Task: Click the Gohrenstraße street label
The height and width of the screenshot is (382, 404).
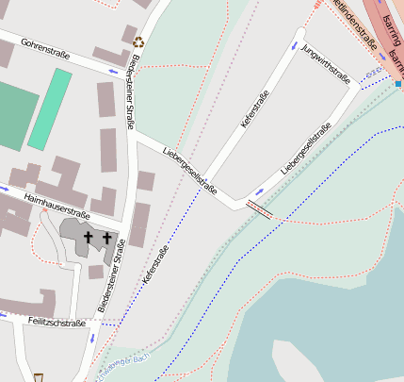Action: pyautogui.click(x=45, y=44)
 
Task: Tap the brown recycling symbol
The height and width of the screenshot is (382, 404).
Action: pyautogui.click(x=139, y=42)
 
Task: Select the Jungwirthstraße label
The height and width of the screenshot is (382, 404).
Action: pyautogui.click(x=322, y=62)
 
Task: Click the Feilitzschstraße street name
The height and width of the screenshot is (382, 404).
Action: pyautogui.click(x=57, y=322)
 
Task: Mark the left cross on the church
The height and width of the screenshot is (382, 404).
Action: pyautogui.click(x=89, y=238)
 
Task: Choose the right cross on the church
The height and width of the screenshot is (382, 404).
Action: pyautogui.click(x=107, y=238)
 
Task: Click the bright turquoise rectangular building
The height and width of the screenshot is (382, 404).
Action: pyautogui.click(x=50, y=108)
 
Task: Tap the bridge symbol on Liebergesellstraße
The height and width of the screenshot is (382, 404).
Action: pyautogui.click(x=259, y=208)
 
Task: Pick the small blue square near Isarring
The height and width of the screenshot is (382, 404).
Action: pyautogui.click(x=397, y=84)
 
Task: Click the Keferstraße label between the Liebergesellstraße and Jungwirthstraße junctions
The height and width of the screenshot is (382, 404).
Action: pyautogui.click(x=254, y=109)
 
